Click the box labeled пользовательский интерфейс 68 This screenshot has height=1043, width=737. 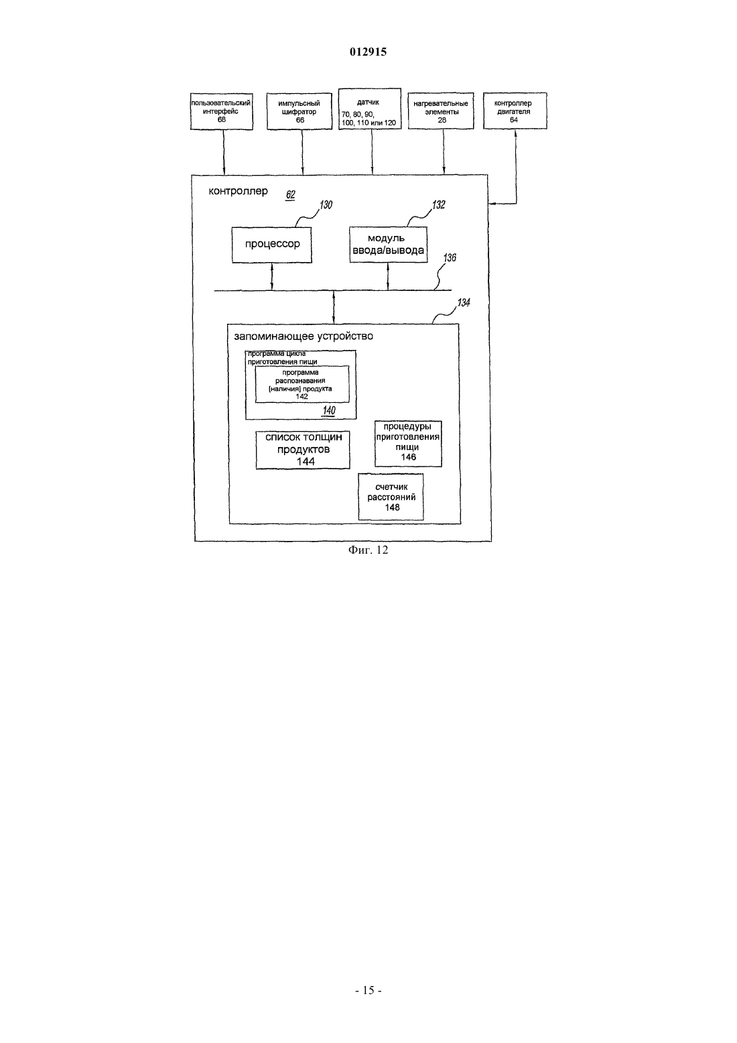(x=222, y=111)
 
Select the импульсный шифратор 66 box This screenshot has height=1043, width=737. (x=299, y=111)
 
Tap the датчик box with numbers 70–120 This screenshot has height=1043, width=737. (x=369, y=109)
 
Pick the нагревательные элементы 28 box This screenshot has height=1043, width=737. (x=441, y=111)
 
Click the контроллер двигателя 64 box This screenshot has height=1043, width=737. (x=515, y=111)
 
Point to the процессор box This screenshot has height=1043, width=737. (x=272, y=245)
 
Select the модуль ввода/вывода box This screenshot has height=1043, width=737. (x=388, y=245)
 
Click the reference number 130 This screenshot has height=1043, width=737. (x=326, y=205)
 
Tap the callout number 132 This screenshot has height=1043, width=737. (x=438, y=205)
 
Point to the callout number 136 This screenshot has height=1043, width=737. (x=450, y=258)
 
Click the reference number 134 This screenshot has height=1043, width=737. (x=464, y=303)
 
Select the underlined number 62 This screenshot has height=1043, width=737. (x=290, y=194)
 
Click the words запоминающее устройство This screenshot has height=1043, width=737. (x=304, y=336)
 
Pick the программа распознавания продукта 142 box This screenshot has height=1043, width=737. (x=302, y=384)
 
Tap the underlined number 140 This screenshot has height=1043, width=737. (x=328, y=410)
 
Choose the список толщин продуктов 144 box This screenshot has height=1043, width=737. (x=303, y=450)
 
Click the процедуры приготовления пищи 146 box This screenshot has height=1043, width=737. (x=408, y=444)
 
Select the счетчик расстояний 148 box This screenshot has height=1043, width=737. (x=391, y=497)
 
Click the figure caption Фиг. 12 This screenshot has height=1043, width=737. (x=368, y=550)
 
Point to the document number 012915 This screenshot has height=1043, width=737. (x=368, y=52)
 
